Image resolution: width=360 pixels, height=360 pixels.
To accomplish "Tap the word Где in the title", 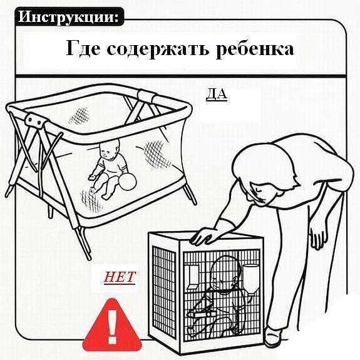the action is point(83,48).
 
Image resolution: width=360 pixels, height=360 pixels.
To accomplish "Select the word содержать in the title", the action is point(158,49).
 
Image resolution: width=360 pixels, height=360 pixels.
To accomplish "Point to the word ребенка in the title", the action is point(254,48).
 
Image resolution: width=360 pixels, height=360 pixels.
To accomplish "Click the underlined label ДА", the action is point(217,95).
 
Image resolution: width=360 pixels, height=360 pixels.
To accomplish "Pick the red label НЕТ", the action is point(120,277).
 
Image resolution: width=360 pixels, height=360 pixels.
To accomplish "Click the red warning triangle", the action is point(112,326).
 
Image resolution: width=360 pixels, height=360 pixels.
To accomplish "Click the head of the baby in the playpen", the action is point(110,150).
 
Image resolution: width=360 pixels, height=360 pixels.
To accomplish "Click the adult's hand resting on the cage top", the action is point(204,236).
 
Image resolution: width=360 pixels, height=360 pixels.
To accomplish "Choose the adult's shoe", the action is point(272,336).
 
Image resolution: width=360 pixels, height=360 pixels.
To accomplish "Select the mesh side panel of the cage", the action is point(163,291).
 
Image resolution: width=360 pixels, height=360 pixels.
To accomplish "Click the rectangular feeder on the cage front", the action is point(192,277).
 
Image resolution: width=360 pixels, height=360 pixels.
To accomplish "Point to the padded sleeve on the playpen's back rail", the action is point(147,96).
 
